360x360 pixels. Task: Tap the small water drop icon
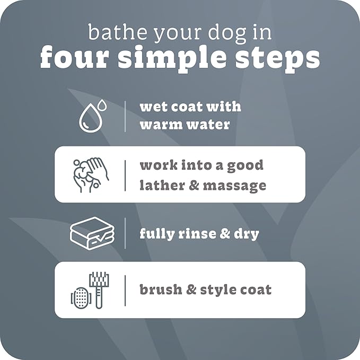point(101,105)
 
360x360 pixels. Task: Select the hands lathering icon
point(90,174)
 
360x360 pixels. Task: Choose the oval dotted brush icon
point(78,296)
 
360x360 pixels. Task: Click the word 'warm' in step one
point(158,125)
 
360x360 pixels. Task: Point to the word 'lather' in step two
point(161,186)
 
